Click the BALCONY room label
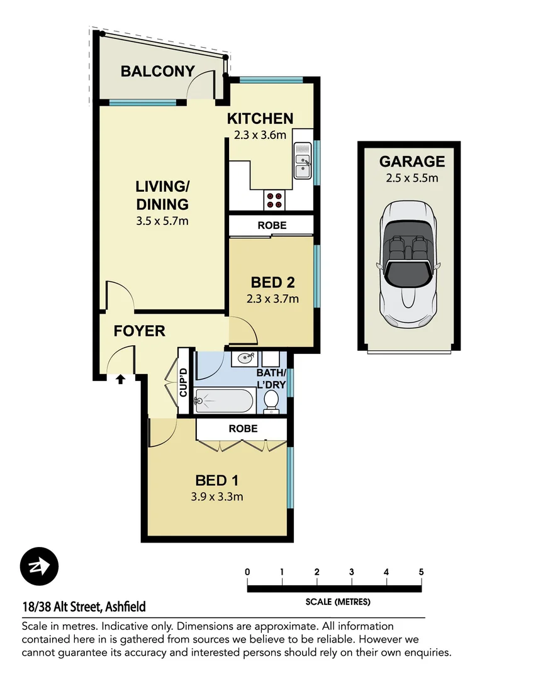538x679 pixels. tap(157, 71)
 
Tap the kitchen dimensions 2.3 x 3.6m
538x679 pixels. tap(260, 135)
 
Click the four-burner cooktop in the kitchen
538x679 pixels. tap(274, 200)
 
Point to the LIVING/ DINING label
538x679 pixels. tap(162, 196)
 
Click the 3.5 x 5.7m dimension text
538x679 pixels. tap(162, 221)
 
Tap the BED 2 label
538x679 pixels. tap(272, 282)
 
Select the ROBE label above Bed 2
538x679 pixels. tap(271, 224)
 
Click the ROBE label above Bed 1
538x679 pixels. tap(243, 429)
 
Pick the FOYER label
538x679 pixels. tap(139, 331)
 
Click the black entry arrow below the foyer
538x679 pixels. tap(120, 378)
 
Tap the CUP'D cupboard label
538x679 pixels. tap(184, 382)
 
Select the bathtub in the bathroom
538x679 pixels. tap(223, 400)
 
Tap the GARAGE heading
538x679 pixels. tap(412, 162)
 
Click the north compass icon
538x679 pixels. tap(39, 566)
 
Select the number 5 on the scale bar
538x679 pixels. tap(420, 572)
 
